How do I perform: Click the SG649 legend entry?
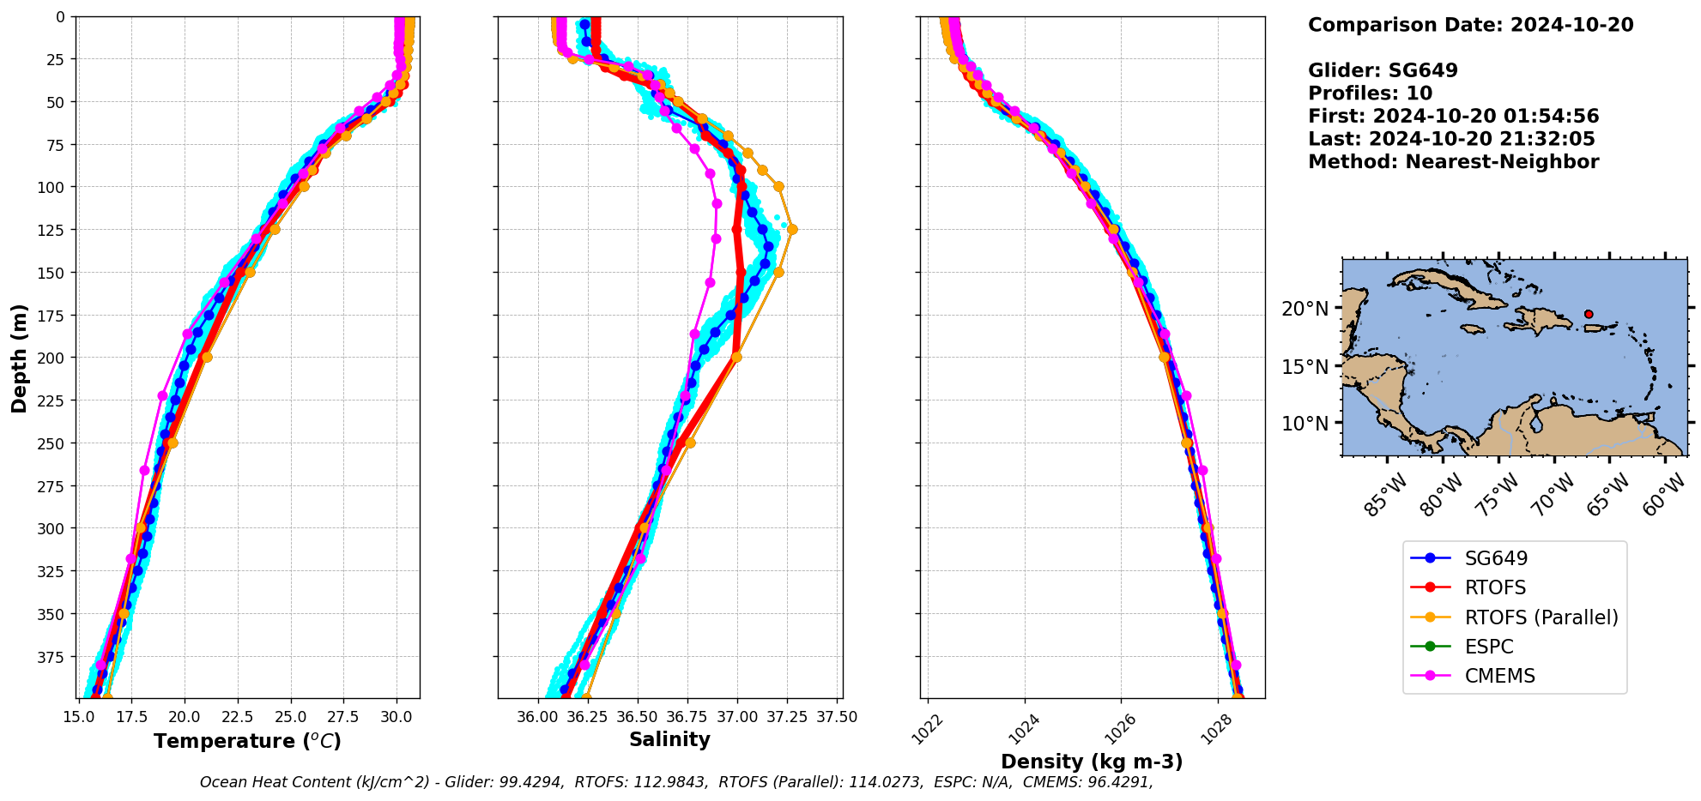pos(1496,558)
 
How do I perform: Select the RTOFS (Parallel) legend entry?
pos(1541,617)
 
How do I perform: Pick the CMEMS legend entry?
pos(1499,676)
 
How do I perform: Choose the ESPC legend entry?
pos(1488,647)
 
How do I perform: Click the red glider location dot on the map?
pos(1589,314)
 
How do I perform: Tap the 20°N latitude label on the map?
pos(1305,308)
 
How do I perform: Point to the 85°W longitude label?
pos(1385,495)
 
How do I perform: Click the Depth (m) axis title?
pos(19,358)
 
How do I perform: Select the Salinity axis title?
pos(669,739)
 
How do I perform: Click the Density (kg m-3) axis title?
pos(1092,762)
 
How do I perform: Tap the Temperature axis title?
pos(247,741)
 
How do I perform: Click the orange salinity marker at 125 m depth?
pos(792,229)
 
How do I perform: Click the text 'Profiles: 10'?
pos(1370,93)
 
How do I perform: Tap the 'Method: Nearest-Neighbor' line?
pos(1453,162)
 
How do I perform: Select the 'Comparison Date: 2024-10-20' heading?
pos(1470,25)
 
